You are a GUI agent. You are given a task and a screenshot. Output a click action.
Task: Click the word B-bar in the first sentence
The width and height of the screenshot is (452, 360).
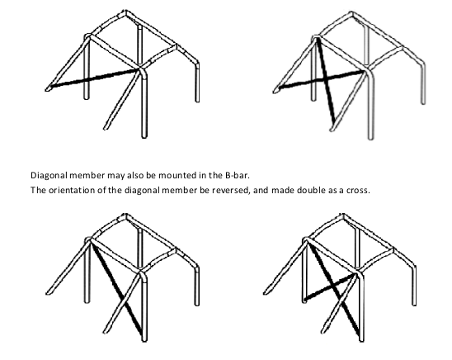(x=237, y=175)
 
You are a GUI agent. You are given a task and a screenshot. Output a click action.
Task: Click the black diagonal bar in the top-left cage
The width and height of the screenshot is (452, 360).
(x=95, y=78)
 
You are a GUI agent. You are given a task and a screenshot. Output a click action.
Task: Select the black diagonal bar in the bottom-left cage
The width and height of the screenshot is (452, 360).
(x=116, y=289)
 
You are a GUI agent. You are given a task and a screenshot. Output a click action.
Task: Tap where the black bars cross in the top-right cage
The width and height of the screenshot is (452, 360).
(x=326, y=78)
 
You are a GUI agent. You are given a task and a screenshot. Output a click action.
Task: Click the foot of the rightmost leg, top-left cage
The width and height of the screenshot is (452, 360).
(x=197, y=101)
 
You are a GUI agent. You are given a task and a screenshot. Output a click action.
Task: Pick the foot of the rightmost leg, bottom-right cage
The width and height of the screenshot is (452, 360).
(x=414, y=304)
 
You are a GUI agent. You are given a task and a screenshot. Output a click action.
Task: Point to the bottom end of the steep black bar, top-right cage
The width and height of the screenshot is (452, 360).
(x=334, y=122)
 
